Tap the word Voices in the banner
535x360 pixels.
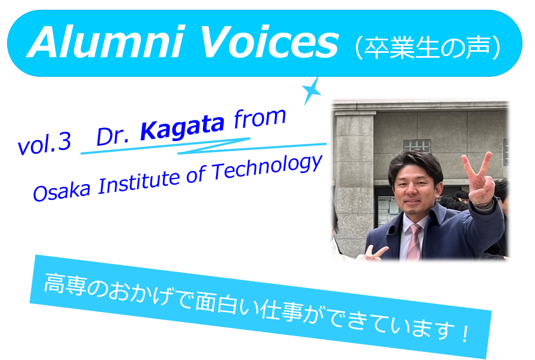(x=269, y=42)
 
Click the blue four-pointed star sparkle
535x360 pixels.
(x=311, y=91)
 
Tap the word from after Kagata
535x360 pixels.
(x=260, y=118)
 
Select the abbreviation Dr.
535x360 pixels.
(x=113, y=136)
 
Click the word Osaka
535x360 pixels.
(x=62, y=191)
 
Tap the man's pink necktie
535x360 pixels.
(x=413, y=242)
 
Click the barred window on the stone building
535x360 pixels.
(x=416, y=145)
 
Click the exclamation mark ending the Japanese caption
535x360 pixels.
(x=465, y=333)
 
